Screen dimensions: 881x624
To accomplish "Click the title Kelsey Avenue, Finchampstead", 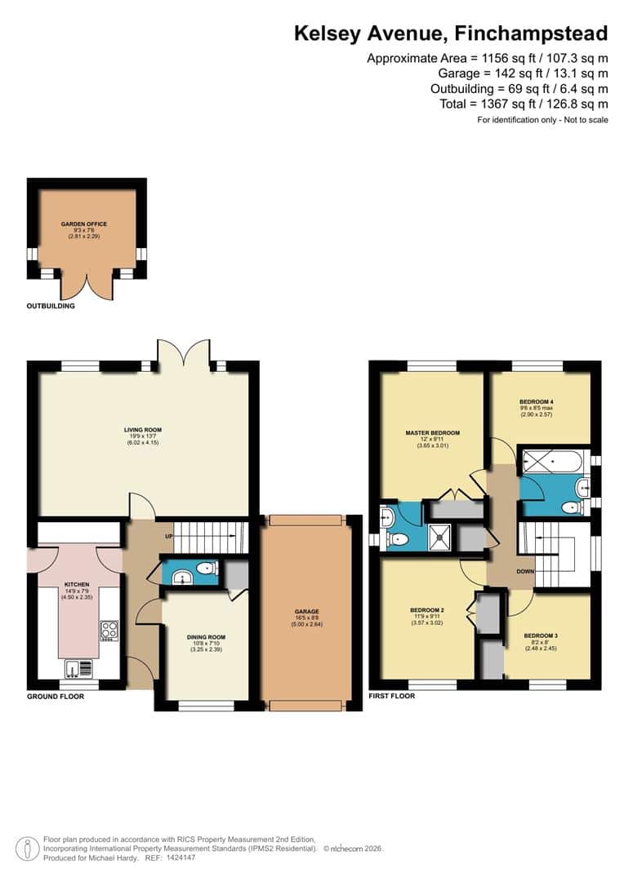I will pos(451,33).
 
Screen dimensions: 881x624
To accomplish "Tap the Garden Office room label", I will pos(83,224).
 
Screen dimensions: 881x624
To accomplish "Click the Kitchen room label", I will pos(78,585).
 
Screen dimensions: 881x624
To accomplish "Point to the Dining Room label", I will pos(205,636).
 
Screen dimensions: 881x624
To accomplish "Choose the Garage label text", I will pos(307,611).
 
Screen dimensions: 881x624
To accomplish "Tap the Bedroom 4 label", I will pos(537,402).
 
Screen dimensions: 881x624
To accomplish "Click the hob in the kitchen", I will pos(109,630).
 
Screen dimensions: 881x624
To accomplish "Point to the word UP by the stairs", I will pos(169,537).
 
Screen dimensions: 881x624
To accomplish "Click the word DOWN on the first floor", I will pos(525,572).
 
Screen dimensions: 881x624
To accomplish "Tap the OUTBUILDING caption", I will pos(51,307).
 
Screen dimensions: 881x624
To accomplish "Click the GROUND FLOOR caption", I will pos(56,697).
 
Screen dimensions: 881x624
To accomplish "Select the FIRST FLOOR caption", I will pos(392,696).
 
